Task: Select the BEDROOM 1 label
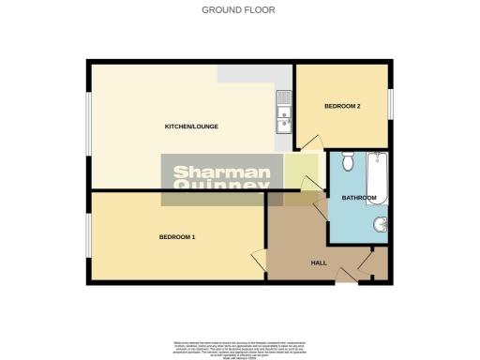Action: (x=176, y=236)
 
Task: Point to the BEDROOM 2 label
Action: (x=342, y=107)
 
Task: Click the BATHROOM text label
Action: (x=359, y=198)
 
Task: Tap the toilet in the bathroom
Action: (x=347, y=163)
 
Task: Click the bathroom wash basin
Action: (x=382, y=224)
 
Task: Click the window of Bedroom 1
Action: (x=88, y=236)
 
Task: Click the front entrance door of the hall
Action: (x=346, y=273)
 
